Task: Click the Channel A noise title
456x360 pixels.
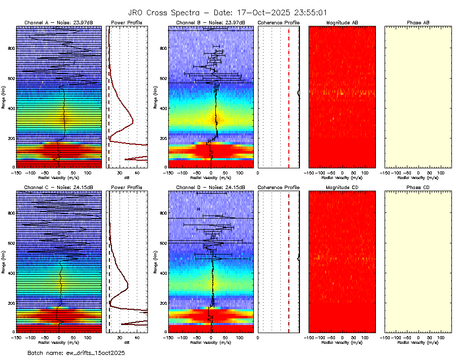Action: [58, 23]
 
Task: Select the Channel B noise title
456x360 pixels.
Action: [210, 23]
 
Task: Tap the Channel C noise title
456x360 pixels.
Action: [58, 187]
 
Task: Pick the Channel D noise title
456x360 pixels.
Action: [210, 187]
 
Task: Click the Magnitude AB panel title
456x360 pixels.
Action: [342, 23]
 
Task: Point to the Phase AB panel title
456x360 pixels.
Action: [418, 23]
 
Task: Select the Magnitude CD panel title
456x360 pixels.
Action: [342, 187]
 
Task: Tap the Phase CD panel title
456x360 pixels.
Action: [418, 187]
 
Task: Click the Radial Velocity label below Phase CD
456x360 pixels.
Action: [418, 342]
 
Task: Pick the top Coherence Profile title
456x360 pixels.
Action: [278, 23]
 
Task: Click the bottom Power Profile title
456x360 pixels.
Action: [127, 187]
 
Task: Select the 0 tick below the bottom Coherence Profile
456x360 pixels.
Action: [258, 337]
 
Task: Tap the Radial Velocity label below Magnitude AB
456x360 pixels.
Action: [342, 177]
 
